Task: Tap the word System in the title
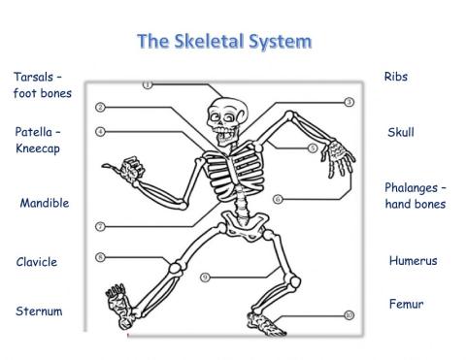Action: (x=282, y=42)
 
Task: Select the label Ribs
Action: (x=396, y=77)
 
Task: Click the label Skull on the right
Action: (x=400, y=132)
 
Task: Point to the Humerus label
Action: (x=413, y=261)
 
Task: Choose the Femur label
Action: (x=406, y=304)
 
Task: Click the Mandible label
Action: (x=45, y=204)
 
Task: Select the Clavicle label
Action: (x=37, y=262)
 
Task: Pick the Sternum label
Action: (x=39, y=311)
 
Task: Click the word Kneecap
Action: (x=38, y=149)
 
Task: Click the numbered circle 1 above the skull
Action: (x=148, y=85)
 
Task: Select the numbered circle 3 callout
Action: (x=349, y=102)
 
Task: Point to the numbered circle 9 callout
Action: (x=206, y=278)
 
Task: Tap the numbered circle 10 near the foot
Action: (x=349, y=314)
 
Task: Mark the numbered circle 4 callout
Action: (x=100, y=131)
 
